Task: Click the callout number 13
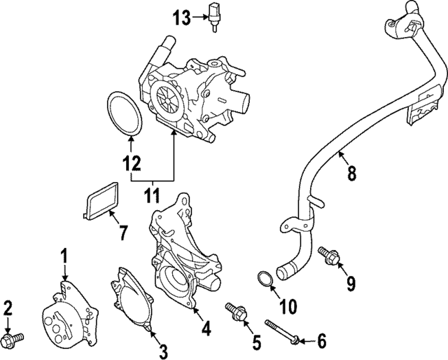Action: click(x=181, y=18)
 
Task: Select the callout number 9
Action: click(x=350, y=282)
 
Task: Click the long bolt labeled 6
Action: click(x=281, y=331)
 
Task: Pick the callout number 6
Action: click(x=321, y=341)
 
